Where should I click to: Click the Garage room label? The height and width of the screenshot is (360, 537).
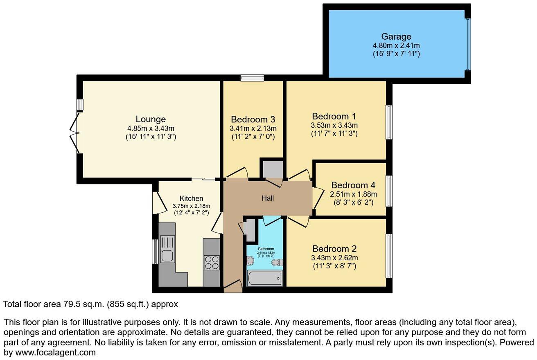coord(396,37)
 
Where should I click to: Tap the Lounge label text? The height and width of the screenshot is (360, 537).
coord(151,119)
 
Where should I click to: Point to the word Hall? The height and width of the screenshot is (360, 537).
coord(268,198)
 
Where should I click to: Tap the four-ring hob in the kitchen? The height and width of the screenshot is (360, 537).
coord(212,262)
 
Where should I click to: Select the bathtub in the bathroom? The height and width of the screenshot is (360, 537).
coord(265,279)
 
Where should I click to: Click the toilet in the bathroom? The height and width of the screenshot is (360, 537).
coord(277,262)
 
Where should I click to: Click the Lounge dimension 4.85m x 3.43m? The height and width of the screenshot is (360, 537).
coord(151,128)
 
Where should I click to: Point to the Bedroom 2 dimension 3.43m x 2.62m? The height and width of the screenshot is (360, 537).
coord(334,258)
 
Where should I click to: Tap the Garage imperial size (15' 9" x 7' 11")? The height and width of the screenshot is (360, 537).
coord(396,54)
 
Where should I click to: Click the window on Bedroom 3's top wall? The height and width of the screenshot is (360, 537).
coord(252,78)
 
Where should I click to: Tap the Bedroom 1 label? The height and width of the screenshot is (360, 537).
coord(334,116)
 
